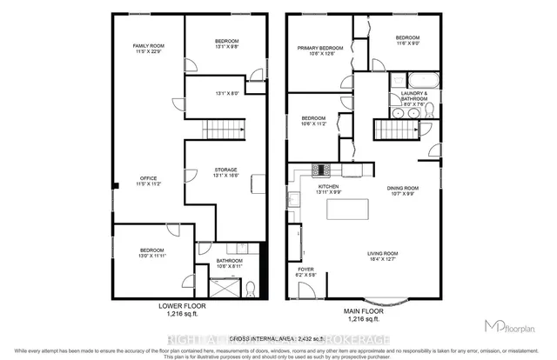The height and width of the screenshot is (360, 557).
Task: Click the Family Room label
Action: coord(148,49)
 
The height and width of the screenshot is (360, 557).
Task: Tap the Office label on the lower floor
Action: coord(148,181)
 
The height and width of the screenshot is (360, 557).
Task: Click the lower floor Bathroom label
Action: coord(230,263)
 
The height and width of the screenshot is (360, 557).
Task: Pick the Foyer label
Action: coord(305,271)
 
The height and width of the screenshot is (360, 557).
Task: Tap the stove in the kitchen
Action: coord(320,170)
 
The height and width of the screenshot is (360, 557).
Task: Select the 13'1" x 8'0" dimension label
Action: coord(225,91)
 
